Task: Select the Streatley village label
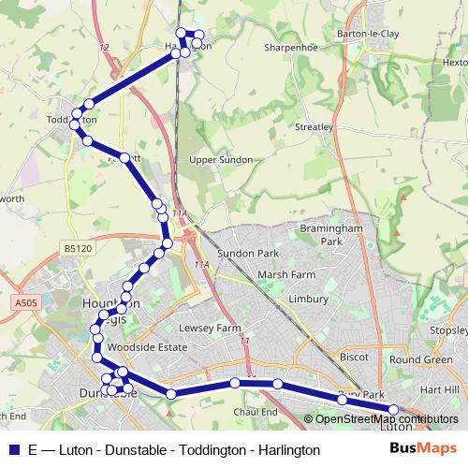coord(314,126)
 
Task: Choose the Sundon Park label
coord(248,254)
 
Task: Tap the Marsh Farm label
coord(286,275)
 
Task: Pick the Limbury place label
coord(308,300)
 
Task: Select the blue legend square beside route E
coord(14,449)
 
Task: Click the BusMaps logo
coord(424,448)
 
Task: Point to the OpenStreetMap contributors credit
coord(386,419)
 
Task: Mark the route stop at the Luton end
coord(393,409)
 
